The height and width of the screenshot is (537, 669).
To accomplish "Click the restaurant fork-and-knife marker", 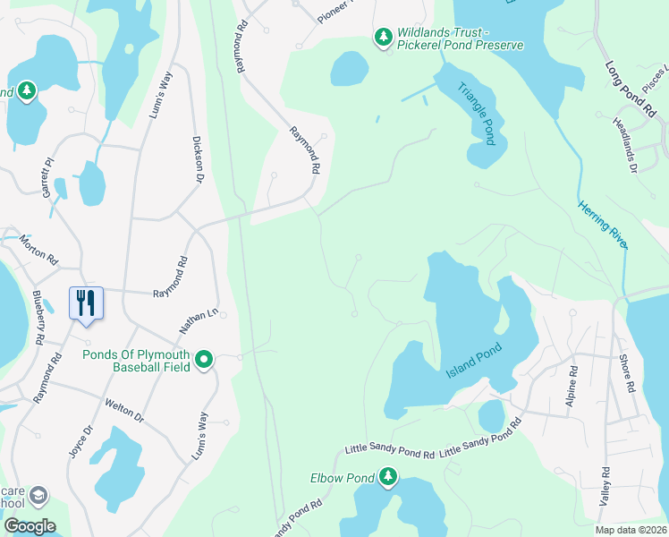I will click(x=86, y=302).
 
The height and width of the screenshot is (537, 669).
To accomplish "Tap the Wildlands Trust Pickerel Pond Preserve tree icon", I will click(x=384, y=37).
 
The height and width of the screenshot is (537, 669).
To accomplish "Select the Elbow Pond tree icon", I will click(x=387, y=478).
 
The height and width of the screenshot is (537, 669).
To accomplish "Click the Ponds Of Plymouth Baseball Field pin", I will click(x=204, y=360).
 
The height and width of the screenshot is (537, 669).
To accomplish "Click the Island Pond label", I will click(x=474, y=361).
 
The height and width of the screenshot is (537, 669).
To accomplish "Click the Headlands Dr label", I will click(x=623, y=146).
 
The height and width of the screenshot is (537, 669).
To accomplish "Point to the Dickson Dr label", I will click(x=199, y=159).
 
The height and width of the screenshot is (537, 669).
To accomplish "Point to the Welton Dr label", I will click(x=123, y=411).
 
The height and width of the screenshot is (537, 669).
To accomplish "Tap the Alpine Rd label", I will click(x=572, y=391).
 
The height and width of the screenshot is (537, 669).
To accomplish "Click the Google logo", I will click(x=29, y=526).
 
